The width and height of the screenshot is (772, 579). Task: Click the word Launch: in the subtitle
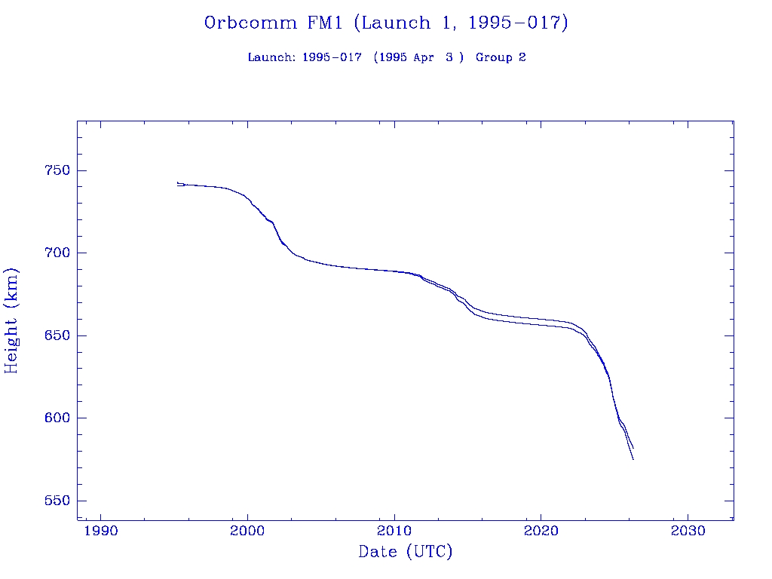pos(272,58)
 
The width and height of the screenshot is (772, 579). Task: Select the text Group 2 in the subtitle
pos(501,58)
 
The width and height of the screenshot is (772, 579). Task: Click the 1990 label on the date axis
pos(101,531)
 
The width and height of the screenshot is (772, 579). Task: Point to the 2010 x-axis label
pos(394,531)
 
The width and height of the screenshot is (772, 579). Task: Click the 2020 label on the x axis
pos(541,531)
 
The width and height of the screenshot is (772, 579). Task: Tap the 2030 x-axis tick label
pos(688,531)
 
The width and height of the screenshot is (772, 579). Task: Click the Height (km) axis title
pos(12,320)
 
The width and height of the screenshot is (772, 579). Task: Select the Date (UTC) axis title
pos(406,553)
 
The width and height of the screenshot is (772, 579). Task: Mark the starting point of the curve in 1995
pos(178,183)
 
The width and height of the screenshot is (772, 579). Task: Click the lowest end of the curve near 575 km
pos(633,459)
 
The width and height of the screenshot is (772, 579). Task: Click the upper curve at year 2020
pos(541,319)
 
